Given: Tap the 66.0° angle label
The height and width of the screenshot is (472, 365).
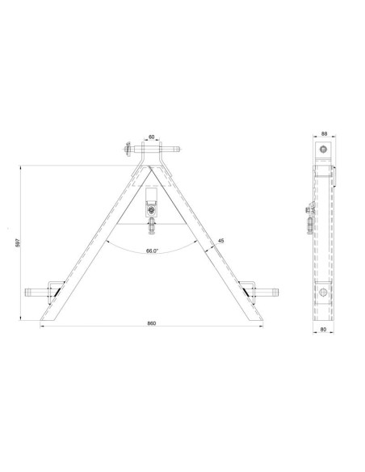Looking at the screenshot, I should tap(151, 251).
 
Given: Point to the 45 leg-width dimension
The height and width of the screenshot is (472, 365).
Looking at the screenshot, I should tap(221, 239).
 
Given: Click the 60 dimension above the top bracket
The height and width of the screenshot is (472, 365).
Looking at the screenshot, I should tap(151, 137).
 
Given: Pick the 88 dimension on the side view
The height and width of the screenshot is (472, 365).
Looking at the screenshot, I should tap(323, 135).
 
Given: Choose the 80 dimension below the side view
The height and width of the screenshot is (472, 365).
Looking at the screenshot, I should tap(323, 329).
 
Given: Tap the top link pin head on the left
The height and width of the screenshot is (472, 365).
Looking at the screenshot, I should tap(126, 149).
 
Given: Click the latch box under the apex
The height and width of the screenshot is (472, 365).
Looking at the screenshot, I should tap(151, 198).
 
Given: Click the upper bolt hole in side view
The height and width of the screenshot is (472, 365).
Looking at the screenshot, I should tap(323, 151).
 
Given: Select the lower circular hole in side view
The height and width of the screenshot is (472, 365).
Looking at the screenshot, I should tap(323, 293).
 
